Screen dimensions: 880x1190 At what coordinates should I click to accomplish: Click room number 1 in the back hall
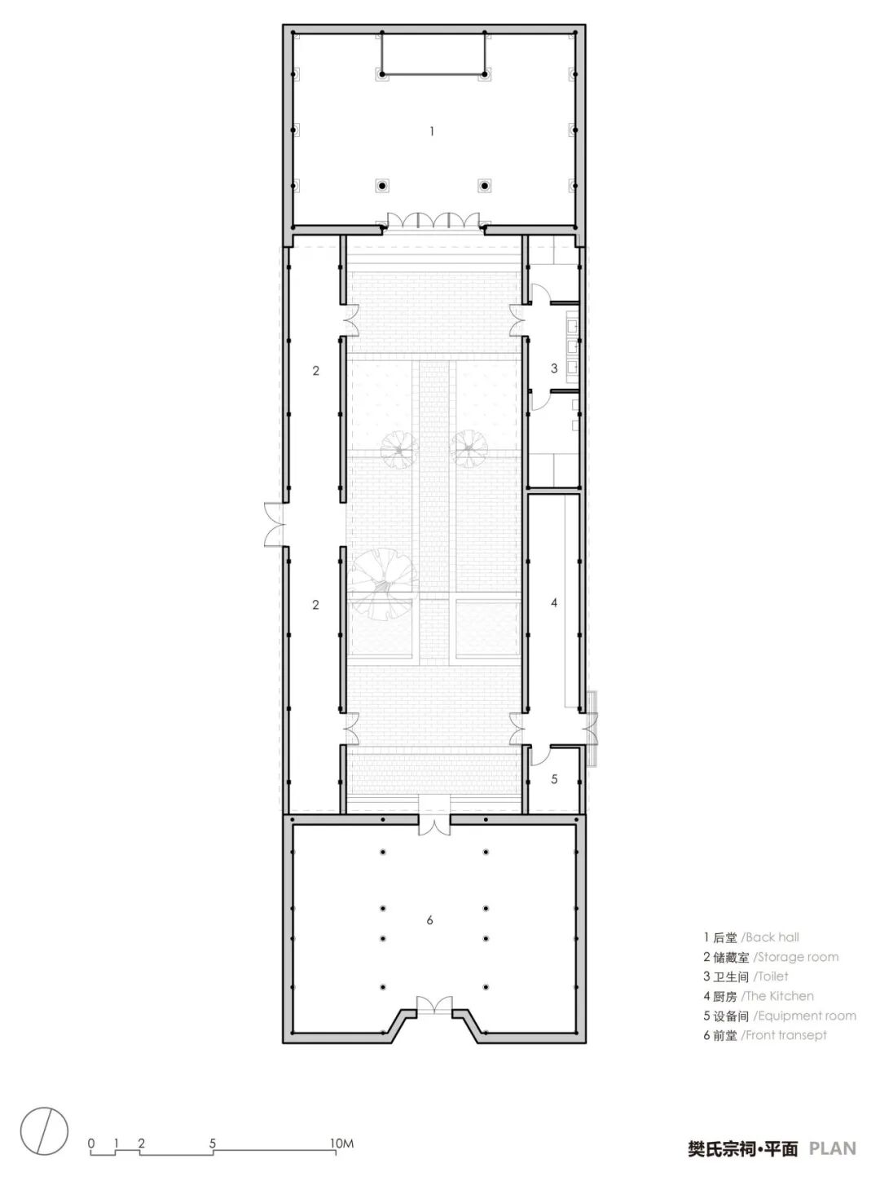[x=431, y=131]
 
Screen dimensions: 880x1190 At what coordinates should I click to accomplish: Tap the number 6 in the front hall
[x=429, y=920]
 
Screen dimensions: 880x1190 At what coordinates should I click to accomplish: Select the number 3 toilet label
[x=554, y=368]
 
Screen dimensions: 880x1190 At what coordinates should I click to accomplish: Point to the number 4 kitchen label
[x=554, y=602]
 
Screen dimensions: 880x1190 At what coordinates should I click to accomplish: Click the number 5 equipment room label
[x=554, y=778]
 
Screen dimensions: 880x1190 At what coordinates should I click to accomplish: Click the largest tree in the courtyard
[x=382, y=584]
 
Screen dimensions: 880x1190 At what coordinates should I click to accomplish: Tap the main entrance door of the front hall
[x=434, y=1013]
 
